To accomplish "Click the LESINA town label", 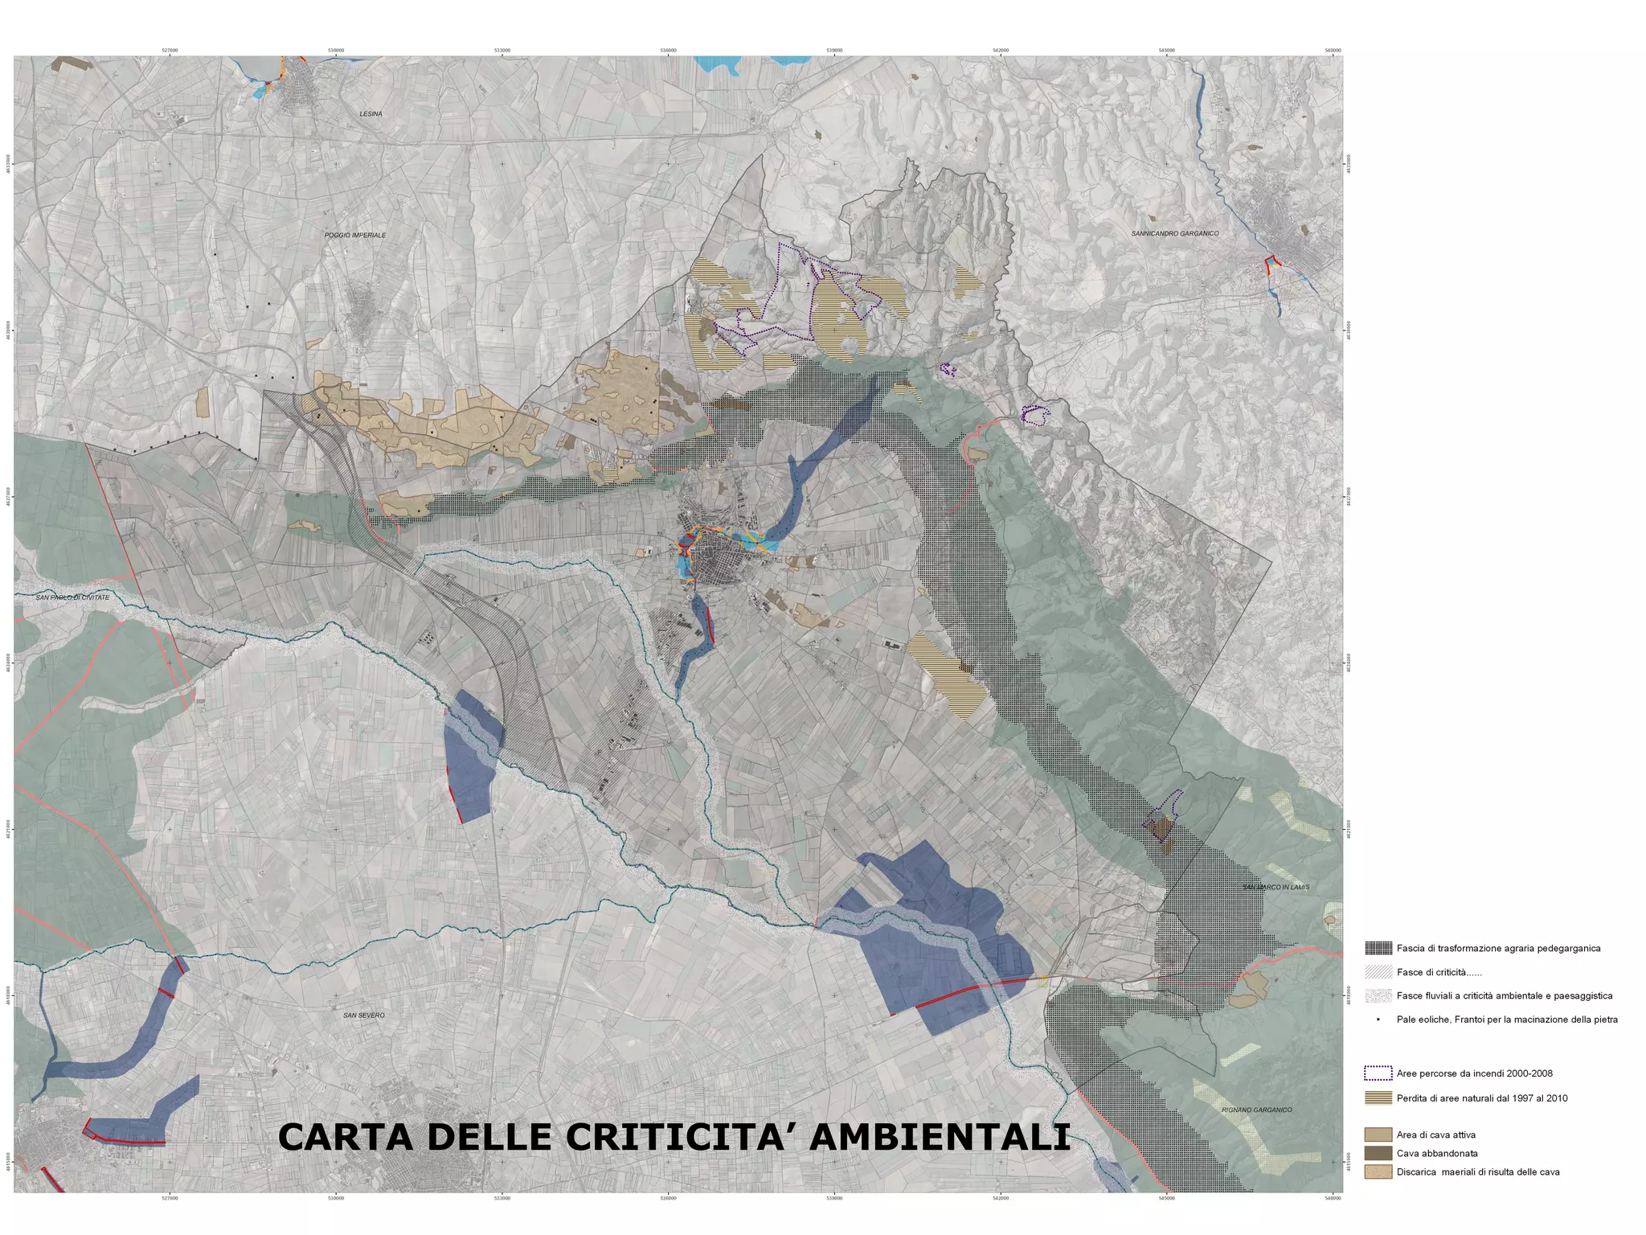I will click(x=371, y=114).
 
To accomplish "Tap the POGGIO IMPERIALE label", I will click(x=355, y=236).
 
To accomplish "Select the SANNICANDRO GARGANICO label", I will click(x=1174, y=234).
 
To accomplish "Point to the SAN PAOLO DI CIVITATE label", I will click(x=72, y=597).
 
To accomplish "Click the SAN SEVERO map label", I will click(x=364, y=1015).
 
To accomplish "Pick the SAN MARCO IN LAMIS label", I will click(x=1275, y=887).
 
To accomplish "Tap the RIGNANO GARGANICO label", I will click(x=1256, y=1110).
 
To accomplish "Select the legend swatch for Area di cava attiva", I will click(x=1378, y=1135).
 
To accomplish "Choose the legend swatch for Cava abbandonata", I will click(x=1378, y=1154).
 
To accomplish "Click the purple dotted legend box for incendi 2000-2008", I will click(x=1378, y=1073).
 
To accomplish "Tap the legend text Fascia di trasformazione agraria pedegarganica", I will click(x=1498, y=949).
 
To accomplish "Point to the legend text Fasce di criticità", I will click(x=1439, y=973).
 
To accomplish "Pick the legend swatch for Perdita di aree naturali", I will click(x=1378, y=1098).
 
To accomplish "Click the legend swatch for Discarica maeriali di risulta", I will click(x=1378, y=1172).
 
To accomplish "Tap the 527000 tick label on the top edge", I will click(x=170, y=50).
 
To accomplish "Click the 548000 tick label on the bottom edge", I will click(x=1333, y=1199).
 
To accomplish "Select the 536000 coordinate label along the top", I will click(x=668, y=50).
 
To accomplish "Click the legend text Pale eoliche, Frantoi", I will click(x=1507, y=1020).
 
